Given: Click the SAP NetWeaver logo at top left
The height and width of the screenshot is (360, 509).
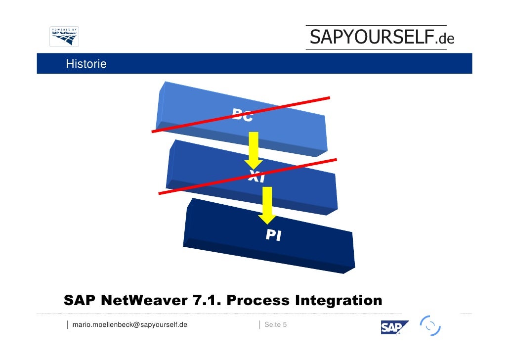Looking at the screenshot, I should tap(64, 37).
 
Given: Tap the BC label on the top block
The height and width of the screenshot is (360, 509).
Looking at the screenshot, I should tap(243, 116).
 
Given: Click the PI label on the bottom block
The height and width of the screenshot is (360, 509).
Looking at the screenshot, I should tap(273, 235).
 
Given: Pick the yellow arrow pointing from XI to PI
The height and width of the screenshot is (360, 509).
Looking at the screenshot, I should tap(267, 204).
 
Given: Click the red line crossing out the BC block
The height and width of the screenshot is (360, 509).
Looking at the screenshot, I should tap(198, 123).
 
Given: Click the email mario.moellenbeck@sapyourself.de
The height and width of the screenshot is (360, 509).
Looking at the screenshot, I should tap(130, 325).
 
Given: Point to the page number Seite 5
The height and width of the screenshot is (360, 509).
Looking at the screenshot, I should tap(276, 325).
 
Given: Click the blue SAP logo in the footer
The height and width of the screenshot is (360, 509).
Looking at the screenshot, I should tap(394, 327).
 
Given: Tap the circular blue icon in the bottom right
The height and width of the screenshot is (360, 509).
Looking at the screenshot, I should tap(430, 326).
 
